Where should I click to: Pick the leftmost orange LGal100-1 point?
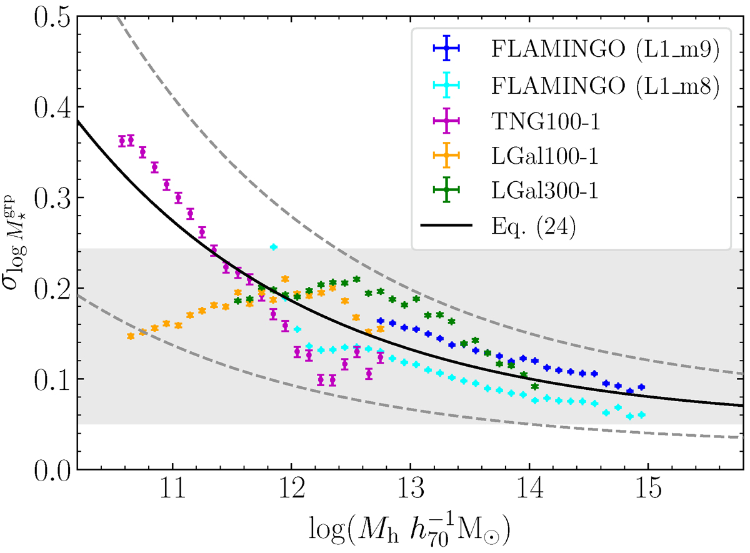coord(131,336)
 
